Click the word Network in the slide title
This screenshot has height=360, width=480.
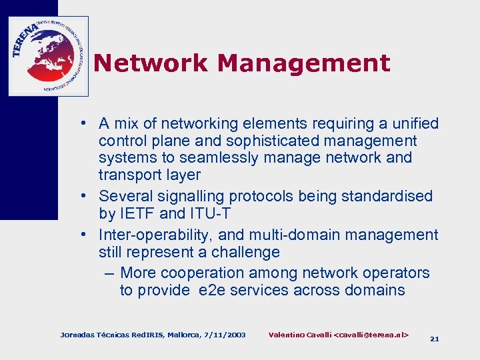pyautogui.click(x=151, y=63)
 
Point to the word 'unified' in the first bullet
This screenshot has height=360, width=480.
pyautogui.click(x=413, y=123)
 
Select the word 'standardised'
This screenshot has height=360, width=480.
pyautogui.click(x=391, y=196)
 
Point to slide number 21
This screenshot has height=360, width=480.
pyautogui.click(x=435, y=339)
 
